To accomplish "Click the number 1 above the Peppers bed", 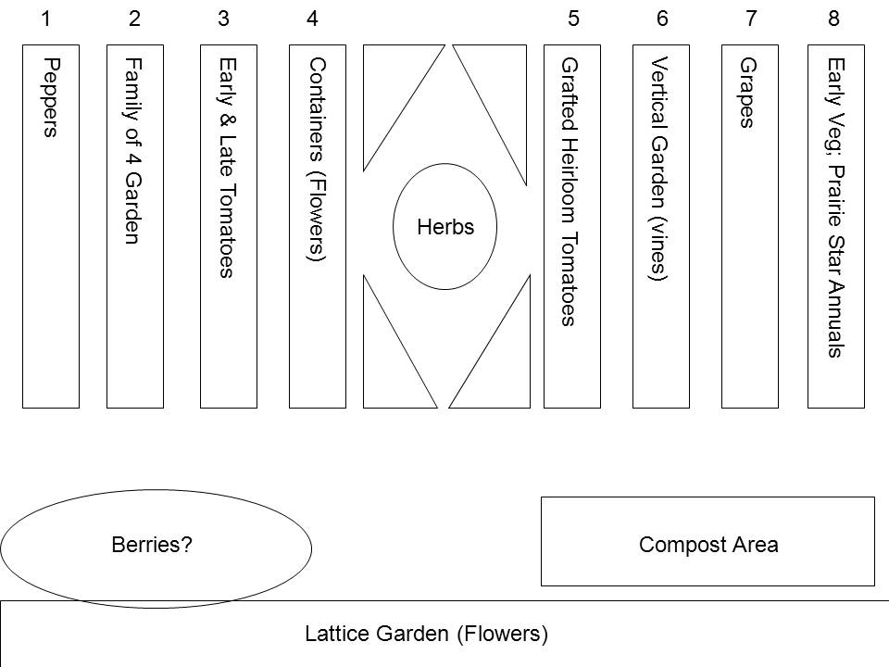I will (47, 19).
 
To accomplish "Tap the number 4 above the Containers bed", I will (312, 19).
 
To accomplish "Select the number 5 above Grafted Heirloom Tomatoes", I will (573, 19).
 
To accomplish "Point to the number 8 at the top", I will (833, 19).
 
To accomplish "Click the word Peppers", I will (51, 97).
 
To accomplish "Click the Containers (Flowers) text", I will (317, 160).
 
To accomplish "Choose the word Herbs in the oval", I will (445, 227).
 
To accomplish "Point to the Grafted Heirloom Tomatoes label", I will (569, 193).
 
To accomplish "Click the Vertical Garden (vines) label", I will (658, 169).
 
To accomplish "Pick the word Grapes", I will (747, 93).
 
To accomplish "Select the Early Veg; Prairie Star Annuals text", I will (834, 208).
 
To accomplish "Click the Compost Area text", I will (708, 545).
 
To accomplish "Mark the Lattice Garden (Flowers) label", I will (427, 635).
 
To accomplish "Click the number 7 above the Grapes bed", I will (750, 19).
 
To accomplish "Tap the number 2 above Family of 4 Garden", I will (135, 19).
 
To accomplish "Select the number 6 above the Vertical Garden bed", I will (661, 19).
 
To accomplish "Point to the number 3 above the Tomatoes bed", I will (223, 19).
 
